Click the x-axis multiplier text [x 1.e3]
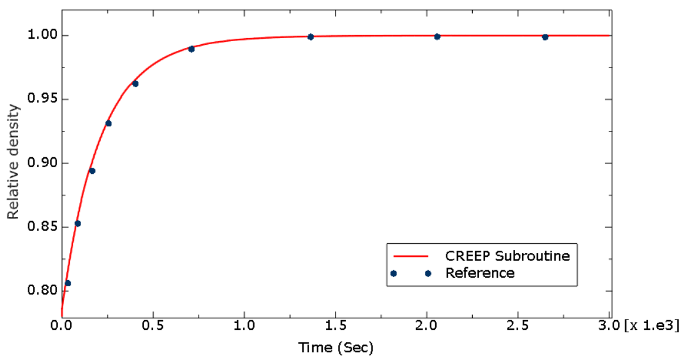pyautogui.click(x=649, y=323)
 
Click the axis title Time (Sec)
pyautogui.click(x=336, y=348)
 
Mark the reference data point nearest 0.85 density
pyautogui.click(x=77, y=224)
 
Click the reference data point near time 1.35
pyautogui.click(x=310, y=37)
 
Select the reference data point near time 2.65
pyautogui.click(x=545, y=37)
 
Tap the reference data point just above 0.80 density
pyautogui.click(x=68, y=283)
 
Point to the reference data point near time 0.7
pyautogui.click(x=191, y=49)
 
